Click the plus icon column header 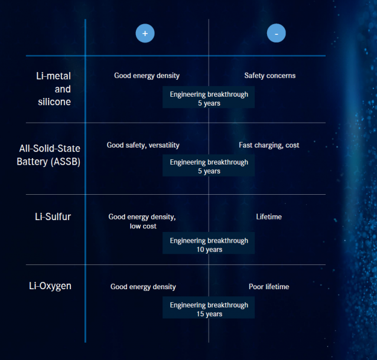click(145, 34)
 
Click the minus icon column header click(276, 34)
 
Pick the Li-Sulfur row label click(53, 217)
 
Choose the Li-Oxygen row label click(50, 286)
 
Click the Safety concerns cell click(269, 76)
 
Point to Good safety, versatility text click(143, 145)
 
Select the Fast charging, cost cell click(269, 145)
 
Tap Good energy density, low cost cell click(142, 221)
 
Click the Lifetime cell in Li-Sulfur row click(269, 217)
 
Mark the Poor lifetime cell click(269, 287)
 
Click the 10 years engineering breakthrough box click(209, 245)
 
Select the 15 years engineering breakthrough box click(209, 309)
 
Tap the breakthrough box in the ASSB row click(209, 166)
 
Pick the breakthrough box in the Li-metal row click(209, 99)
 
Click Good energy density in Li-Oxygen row click(143, 287)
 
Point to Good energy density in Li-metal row click(147, 76)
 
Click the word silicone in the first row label click(54, 102)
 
